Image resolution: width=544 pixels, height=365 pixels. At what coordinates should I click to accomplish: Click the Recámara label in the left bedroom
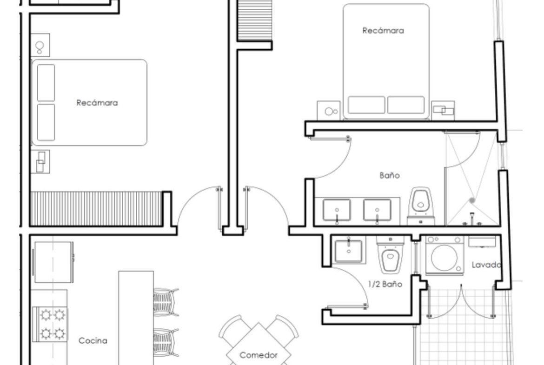tap(97, 103)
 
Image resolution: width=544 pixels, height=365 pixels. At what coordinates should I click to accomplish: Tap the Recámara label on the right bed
tap(383, 31)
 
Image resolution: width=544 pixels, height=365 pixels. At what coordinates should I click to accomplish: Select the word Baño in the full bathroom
tap(390, 175)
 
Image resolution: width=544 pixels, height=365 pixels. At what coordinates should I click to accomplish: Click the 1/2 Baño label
tap(385, 284)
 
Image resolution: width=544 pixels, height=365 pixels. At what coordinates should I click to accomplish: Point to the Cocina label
tap(93, 341)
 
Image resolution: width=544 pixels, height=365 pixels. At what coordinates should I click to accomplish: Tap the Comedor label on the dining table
tap(259, 355)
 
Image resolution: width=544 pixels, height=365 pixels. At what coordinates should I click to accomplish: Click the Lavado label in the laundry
tap(486, 265)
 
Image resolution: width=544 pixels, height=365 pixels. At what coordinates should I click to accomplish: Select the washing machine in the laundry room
tap(445, 255)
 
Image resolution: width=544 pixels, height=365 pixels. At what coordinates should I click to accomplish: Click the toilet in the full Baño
tap(421, 206)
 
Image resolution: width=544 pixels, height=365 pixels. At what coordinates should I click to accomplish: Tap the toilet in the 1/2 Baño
tap(390, 255)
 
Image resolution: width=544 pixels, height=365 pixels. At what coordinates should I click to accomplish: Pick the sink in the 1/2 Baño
tap(349, 250)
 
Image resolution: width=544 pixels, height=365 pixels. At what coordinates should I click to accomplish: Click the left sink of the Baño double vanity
tap(337, 210)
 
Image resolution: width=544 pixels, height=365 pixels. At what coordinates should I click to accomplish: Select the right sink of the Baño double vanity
tap(377, 210)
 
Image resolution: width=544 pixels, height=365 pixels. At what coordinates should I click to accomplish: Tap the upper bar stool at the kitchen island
tap(166, 302)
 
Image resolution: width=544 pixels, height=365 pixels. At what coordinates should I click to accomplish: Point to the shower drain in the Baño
tap(472, 200)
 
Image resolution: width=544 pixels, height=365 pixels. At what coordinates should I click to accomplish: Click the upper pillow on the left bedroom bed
tap(46, 83)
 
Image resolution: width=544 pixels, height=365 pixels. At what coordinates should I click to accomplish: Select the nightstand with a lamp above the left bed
tap(40, 45)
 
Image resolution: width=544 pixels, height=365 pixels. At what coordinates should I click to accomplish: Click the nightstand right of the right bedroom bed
tap(443, 111)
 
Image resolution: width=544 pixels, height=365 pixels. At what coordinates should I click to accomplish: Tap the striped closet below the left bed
tap(96, 209)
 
